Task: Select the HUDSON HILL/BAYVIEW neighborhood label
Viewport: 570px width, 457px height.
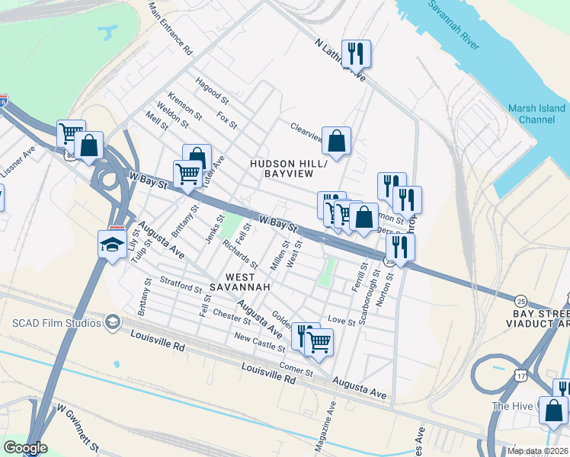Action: point(289,169)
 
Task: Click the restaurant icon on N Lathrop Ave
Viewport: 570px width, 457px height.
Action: point(356,53)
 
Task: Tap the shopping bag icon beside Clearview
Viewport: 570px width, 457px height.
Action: point(336,140)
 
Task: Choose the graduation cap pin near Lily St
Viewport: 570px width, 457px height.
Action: point(112,244)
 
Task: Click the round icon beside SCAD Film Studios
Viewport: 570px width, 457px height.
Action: point(113,323)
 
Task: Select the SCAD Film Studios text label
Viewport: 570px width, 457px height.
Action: point(56,323)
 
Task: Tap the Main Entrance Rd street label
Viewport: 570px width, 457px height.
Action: point(171,27)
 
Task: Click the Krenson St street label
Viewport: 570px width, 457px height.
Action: point(184,107)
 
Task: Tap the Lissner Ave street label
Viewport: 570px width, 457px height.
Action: point(18,162)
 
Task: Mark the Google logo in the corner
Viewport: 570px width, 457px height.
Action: point(25,448)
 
